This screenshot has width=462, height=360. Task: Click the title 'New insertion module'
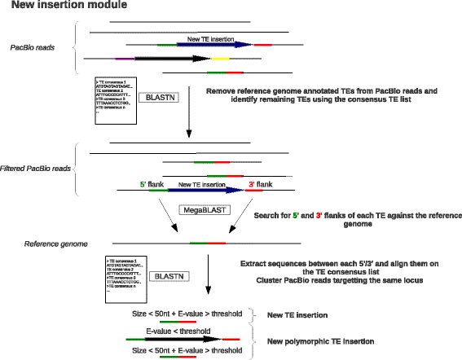point(54,7)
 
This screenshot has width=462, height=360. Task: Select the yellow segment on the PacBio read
point(219,59)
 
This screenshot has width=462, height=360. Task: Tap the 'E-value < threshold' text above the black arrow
point(178,331)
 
